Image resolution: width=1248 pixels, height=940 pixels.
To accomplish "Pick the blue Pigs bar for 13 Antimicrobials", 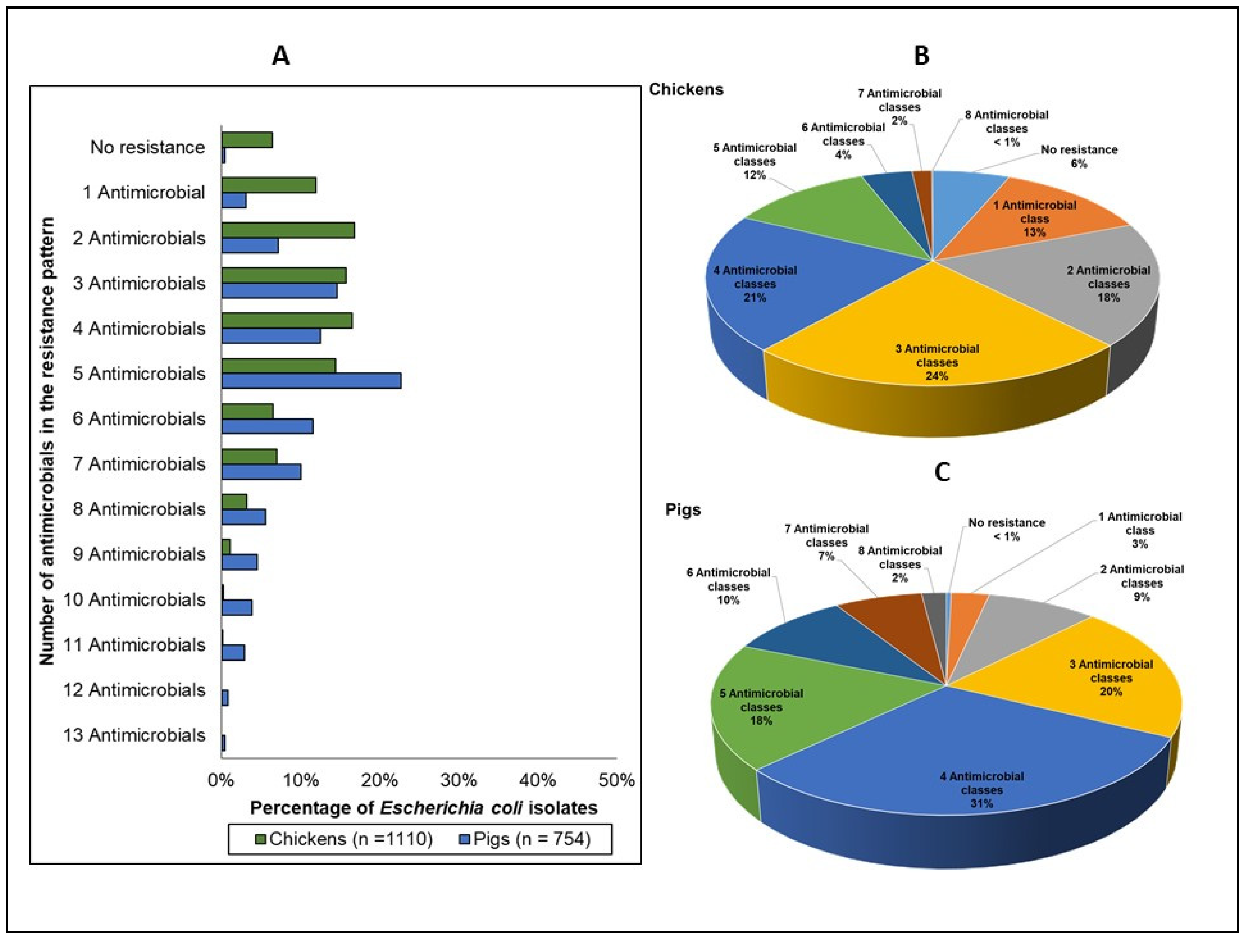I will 223,743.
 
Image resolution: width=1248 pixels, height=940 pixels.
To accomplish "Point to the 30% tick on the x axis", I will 458,780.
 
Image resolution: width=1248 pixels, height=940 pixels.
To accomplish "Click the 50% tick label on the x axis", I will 616,780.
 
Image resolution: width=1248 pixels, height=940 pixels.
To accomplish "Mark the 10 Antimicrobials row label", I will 134,599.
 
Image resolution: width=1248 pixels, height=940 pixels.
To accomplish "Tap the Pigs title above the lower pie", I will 683,509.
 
